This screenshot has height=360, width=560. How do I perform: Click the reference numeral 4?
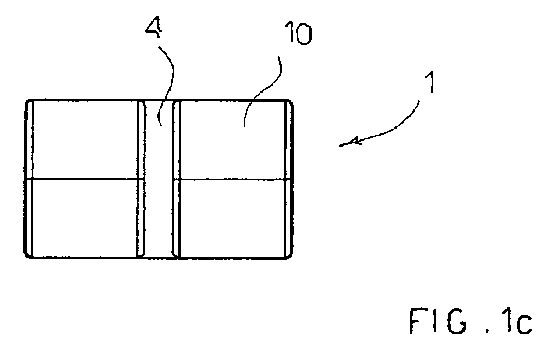pyautogui.click(x=154, y=28)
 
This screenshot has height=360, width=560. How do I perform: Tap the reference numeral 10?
pyautogui.click(x=299, y=33)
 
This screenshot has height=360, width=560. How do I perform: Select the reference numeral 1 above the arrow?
pyautogui.click(x=431, y=82)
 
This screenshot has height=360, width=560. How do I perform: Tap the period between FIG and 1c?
pyautogui.click(x=487, y=332)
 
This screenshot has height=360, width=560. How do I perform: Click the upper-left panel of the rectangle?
pyautogui.click(x=84, y=139)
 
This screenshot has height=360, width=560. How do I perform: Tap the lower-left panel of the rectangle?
pyautogui.click(x=84, y=217)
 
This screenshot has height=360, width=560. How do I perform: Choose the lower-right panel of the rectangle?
pyautogui.click(x=233, y=217)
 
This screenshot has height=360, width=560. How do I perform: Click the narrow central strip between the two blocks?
pyautogui.click(x=159, y=179)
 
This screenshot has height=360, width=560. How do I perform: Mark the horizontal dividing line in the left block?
pyautogui.click(x=85, y=179)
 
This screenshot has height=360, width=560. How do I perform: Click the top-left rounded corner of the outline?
pyautogui.click(x=27, y=102)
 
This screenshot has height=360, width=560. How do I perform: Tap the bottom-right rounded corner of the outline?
pyautogui.click(x=290, y=255)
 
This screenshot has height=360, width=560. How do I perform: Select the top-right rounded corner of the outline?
pyautogui.click(x=291, y=102)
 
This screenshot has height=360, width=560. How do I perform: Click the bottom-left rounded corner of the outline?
pyautogui.click(x=27, y=255)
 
